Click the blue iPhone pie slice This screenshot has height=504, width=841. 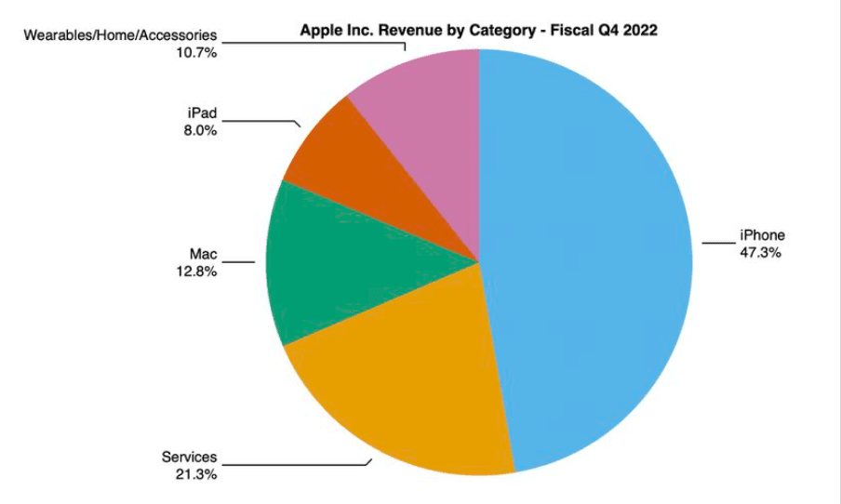click(586, 260)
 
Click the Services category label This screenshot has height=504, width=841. click(189, 458)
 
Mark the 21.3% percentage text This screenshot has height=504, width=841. click(195, 473)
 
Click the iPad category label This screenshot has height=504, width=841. click(202, 113)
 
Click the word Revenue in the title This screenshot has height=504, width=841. click(407, 30)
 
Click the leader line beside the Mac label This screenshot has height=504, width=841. click(239, 261)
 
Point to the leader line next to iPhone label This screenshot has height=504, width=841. click(717, 244)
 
